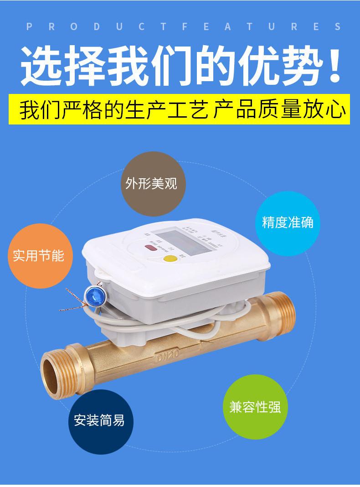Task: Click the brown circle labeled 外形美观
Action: coord(151,184)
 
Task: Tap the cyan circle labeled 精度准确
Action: coord(288,223)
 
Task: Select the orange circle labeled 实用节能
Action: coord(38,255)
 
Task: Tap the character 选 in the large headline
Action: coord(44,67)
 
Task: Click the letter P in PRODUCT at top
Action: coord(30,26)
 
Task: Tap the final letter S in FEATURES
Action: coord(338,26)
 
